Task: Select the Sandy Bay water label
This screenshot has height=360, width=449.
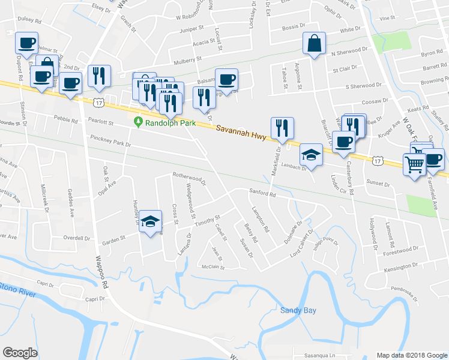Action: (x=298, y=310)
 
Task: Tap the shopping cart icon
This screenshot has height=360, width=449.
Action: (x=414, y=163)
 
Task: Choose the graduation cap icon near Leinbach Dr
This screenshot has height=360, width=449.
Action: (x=311, y=155)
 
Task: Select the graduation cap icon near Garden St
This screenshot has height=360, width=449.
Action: (x=151, y=223)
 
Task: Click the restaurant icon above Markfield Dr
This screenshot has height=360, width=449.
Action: (x=282, y=128)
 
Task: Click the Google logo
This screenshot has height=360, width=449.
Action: (x=20, y=353)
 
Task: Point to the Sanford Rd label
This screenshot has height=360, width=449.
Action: (x=263, y=193)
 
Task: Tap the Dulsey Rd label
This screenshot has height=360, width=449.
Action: (x=28, y=19)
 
